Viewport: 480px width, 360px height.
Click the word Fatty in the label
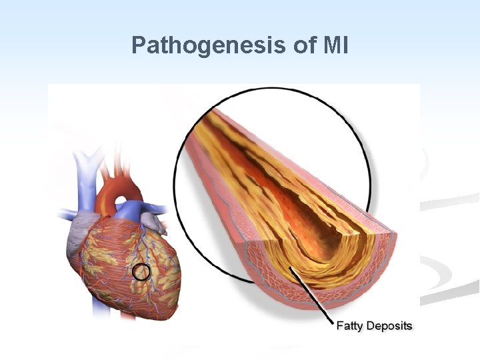coord(349,326)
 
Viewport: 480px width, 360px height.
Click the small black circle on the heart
coord(141,271)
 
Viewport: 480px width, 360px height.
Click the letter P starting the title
coord(138,45)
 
